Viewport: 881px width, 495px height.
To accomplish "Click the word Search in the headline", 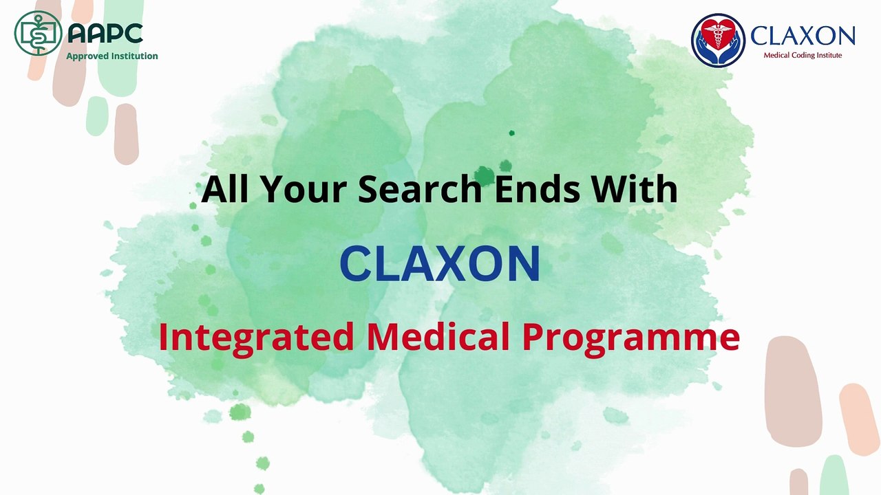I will [420, 188].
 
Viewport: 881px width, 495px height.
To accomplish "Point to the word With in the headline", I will [639, 188].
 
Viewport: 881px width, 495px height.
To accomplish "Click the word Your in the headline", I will [299, 190].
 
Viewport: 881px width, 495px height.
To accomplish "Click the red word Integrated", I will [256, 337].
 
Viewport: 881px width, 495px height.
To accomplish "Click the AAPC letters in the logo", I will [105, 33].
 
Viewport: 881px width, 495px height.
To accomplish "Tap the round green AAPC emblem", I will [38, 33].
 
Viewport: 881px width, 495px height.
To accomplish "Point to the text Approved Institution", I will [112, 56].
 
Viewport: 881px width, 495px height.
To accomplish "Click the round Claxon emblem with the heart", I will [718, 40].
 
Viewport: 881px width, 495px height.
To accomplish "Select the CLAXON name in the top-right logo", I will [803, 36].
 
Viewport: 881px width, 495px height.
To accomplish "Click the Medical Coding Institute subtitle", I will [803, 55].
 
